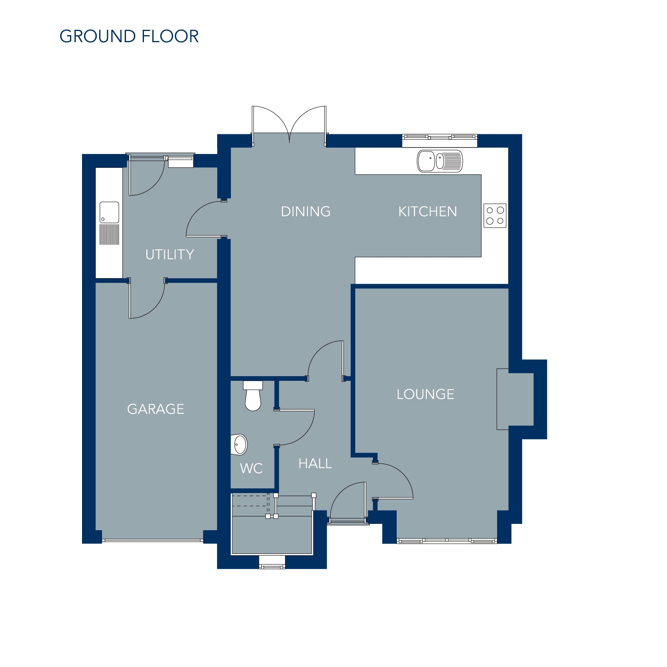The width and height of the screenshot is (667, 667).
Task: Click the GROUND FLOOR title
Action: tap(129, 36)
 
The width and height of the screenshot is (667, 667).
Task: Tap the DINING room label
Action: tap(305, 211)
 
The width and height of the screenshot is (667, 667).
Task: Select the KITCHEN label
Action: tap(427, 211)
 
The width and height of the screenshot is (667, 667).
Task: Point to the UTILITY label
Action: tap(169, 254)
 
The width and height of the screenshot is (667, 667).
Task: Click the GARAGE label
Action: tap(156, 409)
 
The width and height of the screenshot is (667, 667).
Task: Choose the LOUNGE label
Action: tap(425, 394)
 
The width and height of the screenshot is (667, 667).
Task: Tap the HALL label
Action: tap(315, 463)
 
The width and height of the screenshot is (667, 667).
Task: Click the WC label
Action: tap(251, 468)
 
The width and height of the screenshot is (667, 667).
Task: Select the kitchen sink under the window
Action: tap(440, 161)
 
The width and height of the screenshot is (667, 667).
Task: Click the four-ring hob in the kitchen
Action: tap(495, 216)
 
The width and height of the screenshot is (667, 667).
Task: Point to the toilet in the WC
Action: tap(253, 396)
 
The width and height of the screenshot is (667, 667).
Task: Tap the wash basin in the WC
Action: tap(239, 444)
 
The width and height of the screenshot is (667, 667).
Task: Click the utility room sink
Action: tap(109, 223)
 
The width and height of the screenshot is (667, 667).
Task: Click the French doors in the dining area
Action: tap(289, 125)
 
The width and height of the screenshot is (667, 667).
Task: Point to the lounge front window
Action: tap(447, 541)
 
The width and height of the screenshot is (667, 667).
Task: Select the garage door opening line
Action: tap(153, 541)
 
